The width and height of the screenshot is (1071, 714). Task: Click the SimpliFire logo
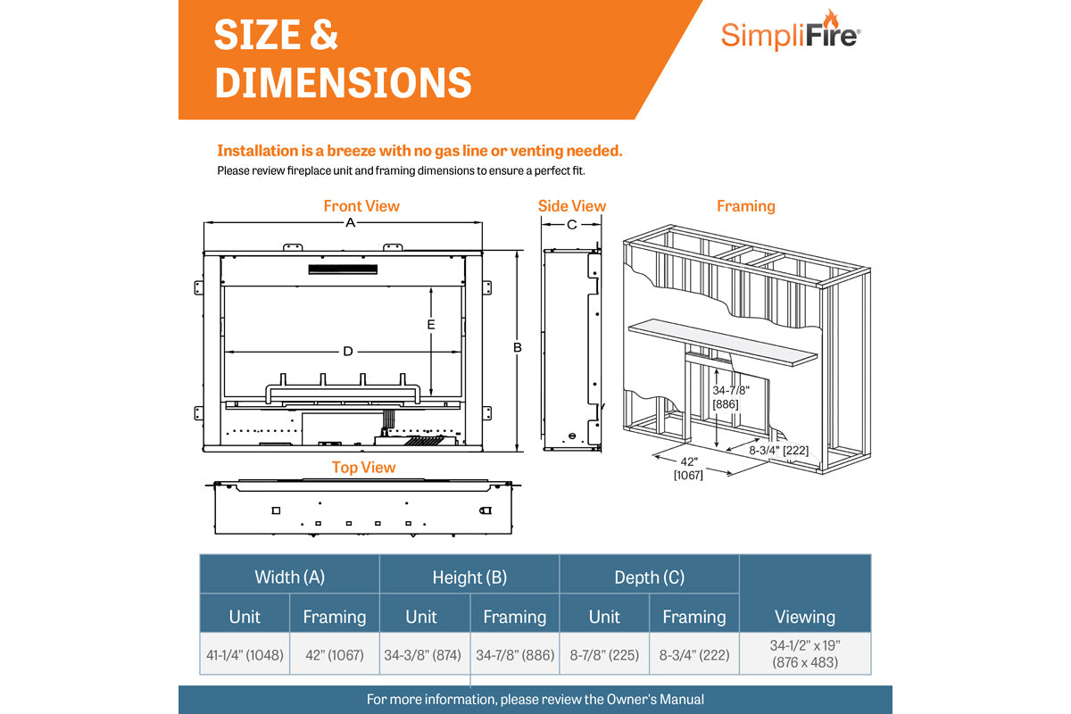tap(790, 34)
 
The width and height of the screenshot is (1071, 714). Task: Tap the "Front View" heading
tap(361, 206)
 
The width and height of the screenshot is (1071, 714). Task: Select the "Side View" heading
tap(571, 206)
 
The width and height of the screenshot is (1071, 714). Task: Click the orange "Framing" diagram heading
tap(745, 206)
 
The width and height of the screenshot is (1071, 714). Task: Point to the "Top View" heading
tap(363, 468)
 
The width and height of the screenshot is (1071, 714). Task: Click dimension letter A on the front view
tap(351, 222)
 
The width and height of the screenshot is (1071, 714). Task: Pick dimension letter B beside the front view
tap(517, 347)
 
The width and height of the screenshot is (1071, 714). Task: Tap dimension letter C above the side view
tap(572, 225)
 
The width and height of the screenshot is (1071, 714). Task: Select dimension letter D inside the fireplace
tap(348, 351)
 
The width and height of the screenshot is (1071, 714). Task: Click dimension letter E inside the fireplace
tap(430, 324)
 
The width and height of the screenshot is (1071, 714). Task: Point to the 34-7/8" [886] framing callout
tap(730, 397)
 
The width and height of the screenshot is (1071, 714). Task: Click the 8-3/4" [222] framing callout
tap(778, 450)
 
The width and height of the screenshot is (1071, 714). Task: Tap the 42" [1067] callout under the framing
tap(688, 469)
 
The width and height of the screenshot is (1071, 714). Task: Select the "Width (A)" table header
tap(289, 577)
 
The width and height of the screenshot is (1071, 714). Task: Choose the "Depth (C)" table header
tap(649, 577)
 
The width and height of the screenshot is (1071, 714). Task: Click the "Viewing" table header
tap(804, 616)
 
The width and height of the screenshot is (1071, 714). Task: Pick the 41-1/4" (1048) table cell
tap(245, 655)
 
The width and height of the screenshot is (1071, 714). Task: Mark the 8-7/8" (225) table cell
tap(604, 655)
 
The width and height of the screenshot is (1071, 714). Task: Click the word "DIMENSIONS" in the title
tap(343, 82)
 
